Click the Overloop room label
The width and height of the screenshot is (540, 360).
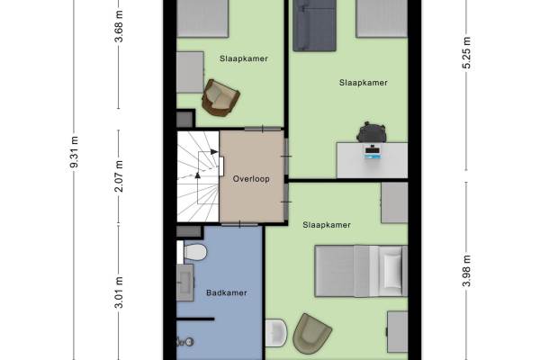click(251, 179)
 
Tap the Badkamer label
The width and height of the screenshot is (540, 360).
click(227, 292)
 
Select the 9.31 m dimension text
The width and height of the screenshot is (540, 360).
click(74, 152)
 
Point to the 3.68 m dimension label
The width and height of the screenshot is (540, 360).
click(119, 26)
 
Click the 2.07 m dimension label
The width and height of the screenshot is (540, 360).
click(119, 176)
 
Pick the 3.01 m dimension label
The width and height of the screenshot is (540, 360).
click(119, 292)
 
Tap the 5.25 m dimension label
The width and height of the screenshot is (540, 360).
click(466, 53)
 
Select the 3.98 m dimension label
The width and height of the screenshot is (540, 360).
click(466, 271)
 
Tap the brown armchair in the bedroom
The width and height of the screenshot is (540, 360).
click(220, 97)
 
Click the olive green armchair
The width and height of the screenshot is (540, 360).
click(311, 334)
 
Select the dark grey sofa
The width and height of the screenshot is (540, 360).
click(314, 25)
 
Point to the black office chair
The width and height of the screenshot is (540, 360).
click(371, 132)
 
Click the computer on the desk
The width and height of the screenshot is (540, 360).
click(373, 152)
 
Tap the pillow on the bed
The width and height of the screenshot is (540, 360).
click(392, 271)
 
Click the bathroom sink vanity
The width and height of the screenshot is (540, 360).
click(184, 283)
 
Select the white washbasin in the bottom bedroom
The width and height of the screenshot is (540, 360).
click(276, 332)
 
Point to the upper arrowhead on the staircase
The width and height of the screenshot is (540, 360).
click(214, 152)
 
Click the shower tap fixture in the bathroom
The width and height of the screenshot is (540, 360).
click(184, 341)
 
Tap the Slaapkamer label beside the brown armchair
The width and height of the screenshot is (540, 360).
click(244, 58)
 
